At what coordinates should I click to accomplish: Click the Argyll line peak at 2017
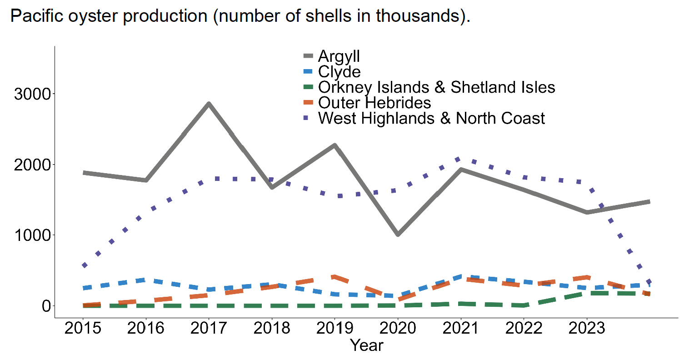[x=209, y=104]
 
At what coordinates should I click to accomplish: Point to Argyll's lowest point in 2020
[x=398, y=234]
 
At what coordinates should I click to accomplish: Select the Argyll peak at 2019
[x=335, y=145]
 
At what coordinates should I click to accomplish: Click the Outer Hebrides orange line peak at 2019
[x=335, y=277]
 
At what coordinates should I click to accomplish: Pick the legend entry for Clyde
[x=339, y=72]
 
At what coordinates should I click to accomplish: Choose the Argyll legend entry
[x=339, y=56]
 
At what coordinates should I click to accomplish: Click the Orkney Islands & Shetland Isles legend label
[x=436, y=87]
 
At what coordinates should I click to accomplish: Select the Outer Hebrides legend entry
[x=374, y=103]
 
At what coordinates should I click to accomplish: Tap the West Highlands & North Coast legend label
[x=431, y=118]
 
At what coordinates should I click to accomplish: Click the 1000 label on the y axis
[x=32, y=235]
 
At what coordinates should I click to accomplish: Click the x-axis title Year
[x=366, y=345]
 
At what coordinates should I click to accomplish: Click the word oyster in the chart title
[x=95, y=16]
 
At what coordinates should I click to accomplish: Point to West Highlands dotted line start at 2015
[x=84, y=265]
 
